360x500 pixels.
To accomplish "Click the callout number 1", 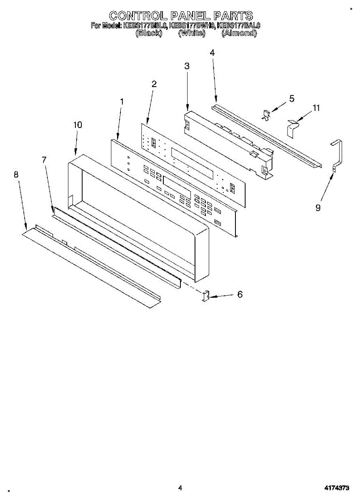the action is click(122, 101).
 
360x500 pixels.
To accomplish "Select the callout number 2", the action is click(154, 84).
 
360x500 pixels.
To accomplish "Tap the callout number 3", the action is click(187, 66).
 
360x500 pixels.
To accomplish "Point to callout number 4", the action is click(212, 53).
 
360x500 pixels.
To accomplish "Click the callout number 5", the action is click(292, 99).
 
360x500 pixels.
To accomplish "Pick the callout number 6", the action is click(240, 294).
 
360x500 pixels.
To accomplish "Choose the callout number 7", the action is click(44, 160).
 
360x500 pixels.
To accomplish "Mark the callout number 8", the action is click(16, 175).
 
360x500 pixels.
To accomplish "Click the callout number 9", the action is click(318, 207).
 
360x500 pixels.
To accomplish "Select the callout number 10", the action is click(78, 125).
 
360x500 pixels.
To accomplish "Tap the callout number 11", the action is click(316, 108).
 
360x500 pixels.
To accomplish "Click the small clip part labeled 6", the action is click(205, 296).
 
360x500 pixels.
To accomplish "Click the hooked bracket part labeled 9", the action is click(337, 154).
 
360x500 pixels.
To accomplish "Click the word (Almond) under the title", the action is click(239, 33).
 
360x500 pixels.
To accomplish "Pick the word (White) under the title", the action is click(192, 33).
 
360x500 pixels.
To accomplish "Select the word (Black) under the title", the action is click(149, 33).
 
